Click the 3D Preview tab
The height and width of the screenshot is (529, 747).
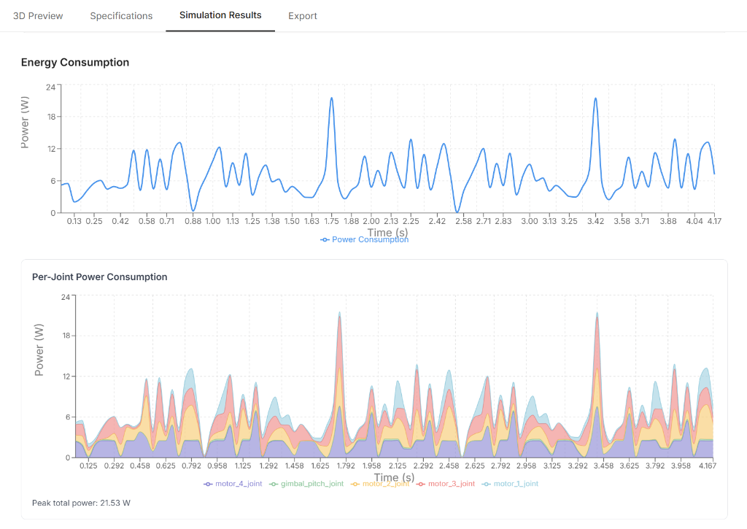38,16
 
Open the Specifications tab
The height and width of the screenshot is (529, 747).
121,16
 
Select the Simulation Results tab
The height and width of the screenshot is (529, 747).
220,15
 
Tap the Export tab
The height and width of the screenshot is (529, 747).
302,16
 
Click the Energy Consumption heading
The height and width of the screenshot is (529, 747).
75,63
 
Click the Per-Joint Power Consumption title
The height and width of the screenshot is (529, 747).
100,277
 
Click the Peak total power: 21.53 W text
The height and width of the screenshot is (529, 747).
81,503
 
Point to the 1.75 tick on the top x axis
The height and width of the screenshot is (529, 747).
331,221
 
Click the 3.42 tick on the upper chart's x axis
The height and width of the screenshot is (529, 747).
595,221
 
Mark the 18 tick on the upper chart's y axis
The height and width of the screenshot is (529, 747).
50,117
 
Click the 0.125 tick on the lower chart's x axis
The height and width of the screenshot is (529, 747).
88,466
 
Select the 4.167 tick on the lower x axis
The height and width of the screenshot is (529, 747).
707,466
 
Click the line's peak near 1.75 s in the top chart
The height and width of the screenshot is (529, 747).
331,99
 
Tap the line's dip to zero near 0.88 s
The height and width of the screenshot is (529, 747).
193,211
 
